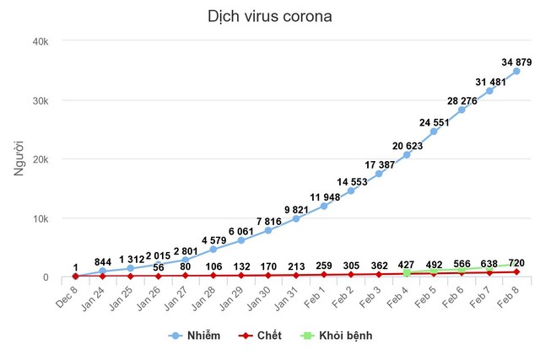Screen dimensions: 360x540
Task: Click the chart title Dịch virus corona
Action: (269, 17)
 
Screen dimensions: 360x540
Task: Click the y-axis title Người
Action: (19, 159)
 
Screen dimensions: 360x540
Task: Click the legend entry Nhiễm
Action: (197, 336)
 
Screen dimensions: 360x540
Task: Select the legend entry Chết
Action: (258, 336)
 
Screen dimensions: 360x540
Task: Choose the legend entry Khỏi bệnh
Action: (335, 336)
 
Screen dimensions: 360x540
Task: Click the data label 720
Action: (516, 263)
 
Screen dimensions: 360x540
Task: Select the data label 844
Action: (102, 261)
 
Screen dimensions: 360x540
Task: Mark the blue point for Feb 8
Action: (516, 71)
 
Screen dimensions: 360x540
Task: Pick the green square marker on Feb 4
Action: (407, 273)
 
